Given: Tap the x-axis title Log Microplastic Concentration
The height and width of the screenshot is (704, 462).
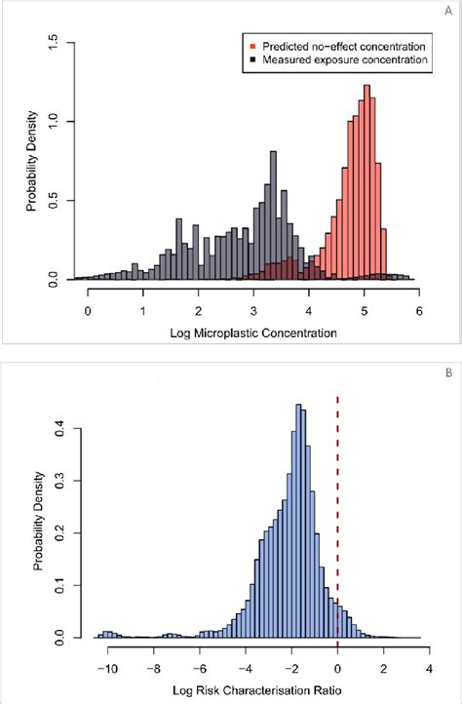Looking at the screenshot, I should pos(251,332).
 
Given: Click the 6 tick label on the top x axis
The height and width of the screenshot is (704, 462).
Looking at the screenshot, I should pos(418,311).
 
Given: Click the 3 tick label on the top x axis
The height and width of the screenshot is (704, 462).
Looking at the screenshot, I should pos(253,311).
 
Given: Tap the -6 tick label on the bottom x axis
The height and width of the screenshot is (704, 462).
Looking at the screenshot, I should pos(199,670).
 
